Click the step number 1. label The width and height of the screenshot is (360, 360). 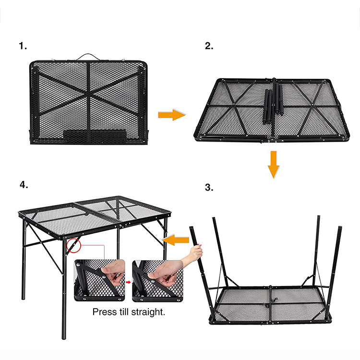point(23,46)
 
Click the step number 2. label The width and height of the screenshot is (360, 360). point(209,46)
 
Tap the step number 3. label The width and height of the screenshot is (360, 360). point(209,188)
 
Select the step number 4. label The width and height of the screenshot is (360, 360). point(23,184)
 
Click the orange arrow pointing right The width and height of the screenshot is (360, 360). point(171,115)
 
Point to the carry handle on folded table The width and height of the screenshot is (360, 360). point(88,56)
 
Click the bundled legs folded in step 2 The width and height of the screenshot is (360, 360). point(272,101)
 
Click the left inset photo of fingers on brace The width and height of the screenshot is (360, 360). point(99,280)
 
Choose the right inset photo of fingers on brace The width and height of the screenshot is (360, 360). point(157,280)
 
